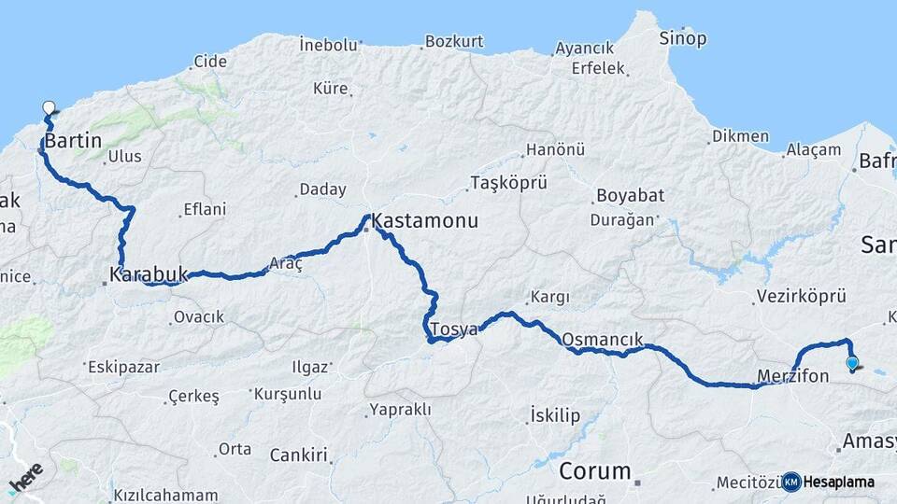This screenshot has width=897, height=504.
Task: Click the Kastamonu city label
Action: click(425, 222)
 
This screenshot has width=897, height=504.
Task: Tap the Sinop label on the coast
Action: click(683, 39)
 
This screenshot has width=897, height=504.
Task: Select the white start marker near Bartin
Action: click(50, 108)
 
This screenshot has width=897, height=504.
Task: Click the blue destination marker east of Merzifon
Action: click(851, 363)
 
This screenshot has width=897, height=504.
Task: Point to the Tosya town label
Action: click(454, 329)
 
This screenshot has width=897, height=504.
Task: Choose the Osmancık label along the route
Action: click(604, 339)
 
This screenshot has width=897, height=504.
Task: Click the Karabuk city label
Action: click(149, 275)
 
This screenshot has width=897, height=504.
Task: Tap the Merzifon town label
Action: click(792, 376)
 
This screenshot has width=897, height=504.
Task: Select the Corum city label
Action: click(595, 471)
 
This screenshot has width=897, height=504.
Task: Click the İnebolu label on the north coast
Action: click(329, 44)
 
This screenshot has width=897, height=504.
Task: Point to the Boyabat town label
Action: click(630, 196)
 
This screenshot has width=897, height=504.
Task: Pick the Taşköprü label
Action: click(508, 182)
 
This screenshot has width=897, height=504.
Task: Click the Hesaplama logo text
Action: click(838, 483)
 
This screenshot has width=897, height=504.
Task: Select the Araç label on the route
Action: click(286, 264)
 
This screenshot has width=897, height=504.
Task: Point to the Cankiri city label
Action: click(299, 455)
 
